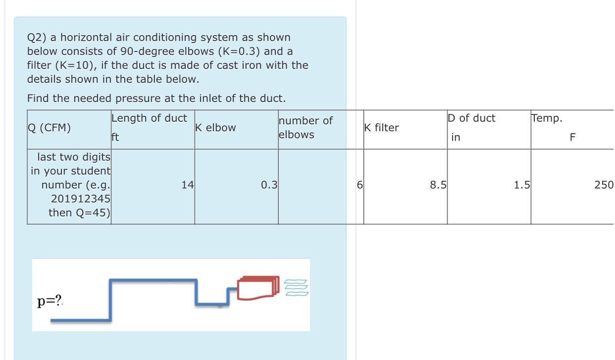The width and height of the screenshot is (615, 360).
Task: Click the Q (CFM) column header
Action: [x=49, y=128]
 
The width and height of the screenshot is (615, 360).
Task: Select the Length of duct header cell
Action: [x=149, y=118]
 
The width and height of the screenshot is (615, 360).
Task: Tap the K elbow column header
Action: [x=215, y=128]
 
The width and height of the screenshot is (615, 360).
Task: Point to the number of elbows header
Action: [x=306, y=128]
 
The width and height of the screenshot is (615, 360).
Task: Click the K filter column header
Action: [x=381, y=128]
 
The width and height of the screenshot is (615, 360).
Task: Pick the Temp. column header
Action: [x=547, y=118]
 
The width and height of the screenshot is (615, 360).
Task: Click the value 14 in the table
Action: [x=187, y=185]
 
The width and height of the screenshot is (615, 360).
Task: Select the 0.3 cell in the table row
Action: [x=269, y=185]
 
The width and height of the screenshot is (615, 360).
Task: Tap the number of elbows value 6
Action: [x=360, y=185]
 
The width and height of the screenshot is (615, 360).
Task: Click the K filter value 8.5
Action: [x=438, y=185]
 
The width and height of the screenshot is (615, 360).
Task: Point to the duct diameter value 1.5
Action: [x=521, y=185]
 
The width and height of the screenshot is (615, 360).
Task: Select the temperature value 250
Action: [x=604, y=185]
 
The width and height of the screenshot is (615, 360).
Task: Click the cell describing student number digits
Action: [x=70, y=185]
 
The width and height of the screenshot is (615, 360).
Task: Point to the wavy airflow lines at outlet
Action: [x=296, y=287]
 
